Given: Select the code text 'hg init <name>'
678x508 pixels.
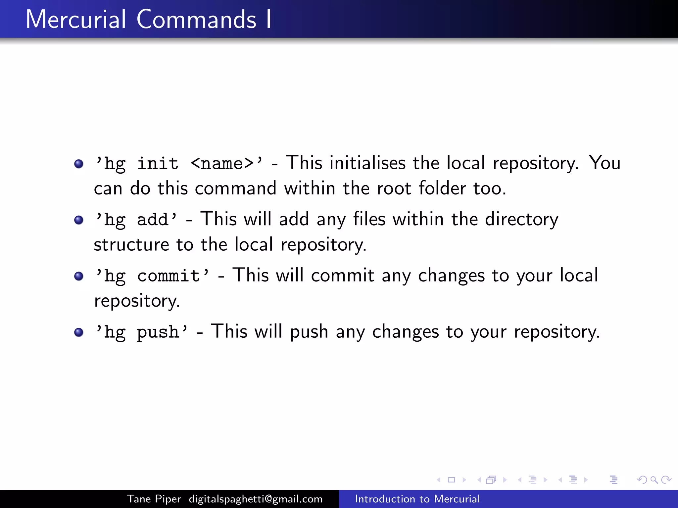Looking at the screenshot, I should click(178, 163).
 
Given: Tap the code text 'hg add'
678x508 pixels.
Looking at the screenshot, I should click(136, 220).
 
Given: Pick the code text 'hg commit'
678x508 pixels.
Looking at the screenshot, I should click(152, 276).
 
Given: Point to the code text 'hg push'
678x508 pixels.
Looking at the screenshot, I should click(141, 332).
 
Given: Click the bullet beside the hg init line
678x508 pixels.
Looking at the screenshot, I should click(79, 164).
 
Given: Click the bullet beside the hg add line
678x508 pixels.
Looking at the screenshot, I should click(79, 220).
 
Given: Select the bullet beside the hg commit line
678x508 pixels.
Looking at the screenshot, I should click(79, 276).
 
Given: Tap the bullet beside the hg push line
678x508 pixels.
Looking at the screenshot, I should click(79, 332).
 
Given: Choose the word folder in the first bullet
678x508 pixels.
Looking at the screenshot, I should click(442, 188).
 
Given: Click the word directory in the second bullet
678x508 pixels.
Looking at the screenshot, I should click(521, 220).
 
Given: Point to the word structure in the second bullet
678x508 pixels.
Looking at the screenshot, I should click(131, 245).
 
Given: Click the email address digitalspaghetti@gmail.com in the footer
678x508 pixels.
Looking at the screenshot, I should click(256, 499).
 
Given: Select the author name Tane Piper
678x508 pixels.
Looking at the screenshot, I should click(154, 499).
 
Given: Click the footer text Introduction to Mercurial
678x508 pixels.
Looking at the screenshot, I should click(417, 499).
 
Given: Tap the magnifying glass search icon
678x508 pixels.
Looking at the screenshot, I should click(654, 480).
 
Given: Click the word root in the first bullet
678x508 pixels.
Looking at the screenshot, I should click(394, 189).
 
